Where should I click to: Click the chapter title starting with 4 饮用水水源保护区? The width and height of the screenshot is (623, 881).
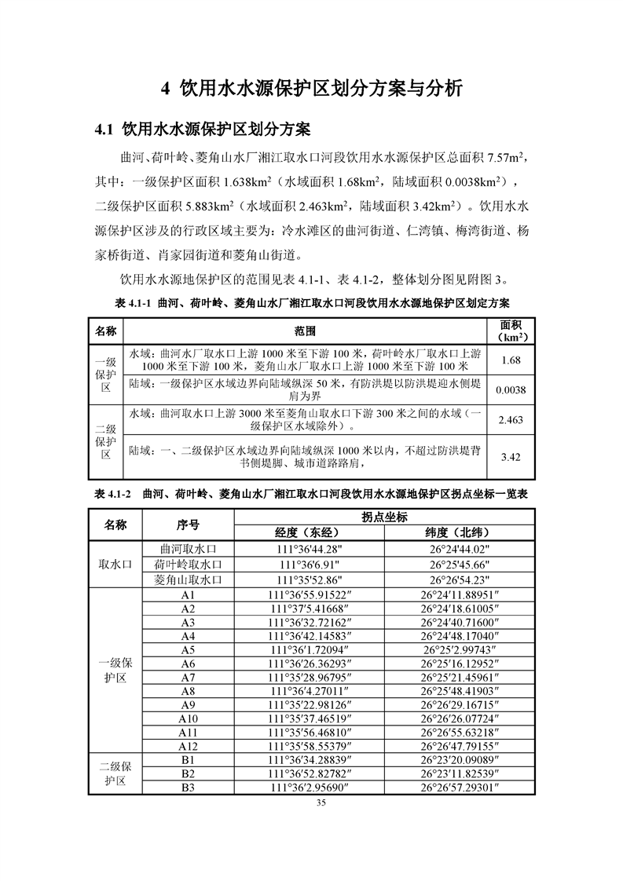[311, 87]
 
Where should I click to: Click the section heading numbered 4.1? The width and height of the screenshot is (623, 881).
[203, 129]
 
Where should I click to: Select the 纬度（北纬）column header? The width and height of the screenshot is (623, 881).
[460, 533]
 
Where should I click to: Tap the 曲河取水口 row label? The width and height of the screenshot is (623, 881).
[188, 549]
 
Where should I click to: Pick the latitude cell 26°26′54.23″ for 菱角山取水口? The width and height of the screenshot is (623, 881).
[460, 579]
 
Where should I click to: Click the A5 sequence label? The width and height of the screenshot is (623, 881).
[188, 650]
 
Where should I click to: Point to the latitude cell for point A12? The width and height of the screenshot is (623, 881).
[460, 745]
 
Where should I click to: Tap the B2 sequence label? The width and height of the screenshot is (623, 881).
[188, 774]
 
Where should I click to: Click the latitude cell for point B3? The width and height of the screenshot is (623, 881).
[460, 788]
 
